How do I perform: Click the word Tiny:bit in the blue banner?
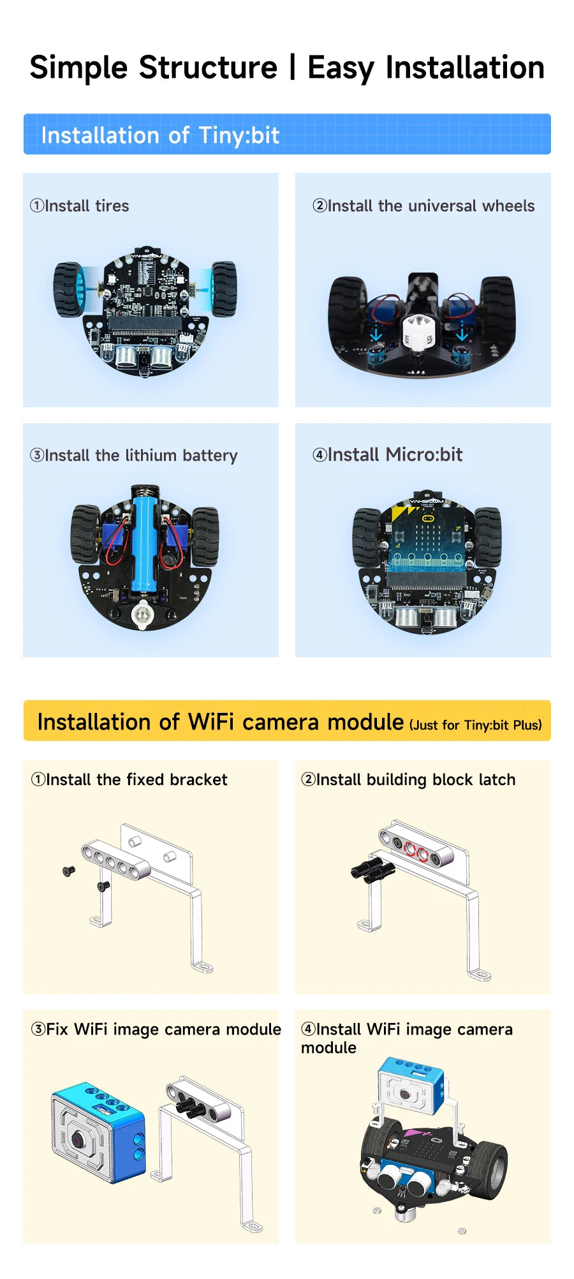pyautogui.click(x=239, y=135)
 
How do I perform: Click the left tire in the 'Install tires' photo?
pyautogui.click(x=68, y=289)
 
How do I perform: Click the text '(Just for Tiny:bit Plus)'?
pyautogui.click(x=476, y=725)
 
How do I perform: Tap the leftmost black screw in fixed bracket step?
pyautogui.click(x=68, y=871)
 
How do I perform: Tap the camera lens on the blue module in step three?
pyautogui.click(x=78, y=1139)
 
